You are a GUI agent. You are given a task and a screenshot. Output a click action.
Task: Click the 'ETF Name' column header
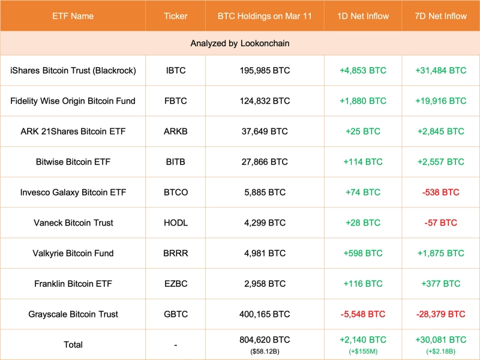(73, 16)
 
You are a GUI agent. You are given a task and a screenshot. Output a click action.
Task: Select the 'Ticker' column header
(176, 16)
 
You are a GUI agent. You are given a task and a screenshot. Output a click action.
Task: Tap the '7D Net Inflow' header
(440, 16)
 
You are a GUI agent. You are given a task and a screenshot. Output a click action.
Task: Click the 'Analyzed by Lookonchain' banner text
(240, 44)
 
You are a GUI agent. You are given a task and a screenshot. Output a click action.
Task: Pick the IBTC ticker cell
(176, 70)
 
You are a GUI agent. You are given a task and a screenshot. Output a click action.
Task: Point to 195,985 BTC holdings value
(265, 70)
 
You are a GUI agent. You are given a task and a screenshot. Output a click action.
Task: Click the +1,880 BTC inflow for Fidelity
(363, 101)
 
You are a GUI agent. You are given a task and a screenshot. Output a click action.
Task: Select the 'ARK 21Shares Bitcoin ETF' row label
(73, 131)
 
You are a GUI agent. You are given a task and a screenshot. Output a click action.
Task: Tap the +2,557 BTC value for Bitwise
(440, 162)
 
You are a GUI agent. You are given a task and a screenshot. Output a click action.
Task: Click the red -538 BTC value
(440, 193)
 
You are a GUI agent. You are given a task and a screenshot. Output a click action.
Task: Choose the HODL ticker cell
(176, 223)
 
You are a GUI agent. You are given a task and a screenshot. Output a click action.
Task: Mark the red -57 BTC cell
(440, 223)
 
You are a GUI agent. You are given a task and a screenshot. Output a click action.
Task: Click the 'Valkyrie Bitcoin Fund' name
(73, 253)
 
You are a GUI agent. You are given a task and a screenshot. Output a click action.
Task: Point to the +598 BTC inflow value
(363, 253)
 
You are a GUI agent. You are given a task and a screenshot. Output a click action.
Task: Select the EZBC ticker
(176, 284)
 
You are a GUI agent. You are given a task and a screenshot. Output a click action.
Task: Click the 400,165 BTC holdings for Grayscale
(265, 314)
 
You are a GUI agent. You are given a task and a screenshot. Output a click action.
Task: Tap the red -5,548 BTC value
(363, 314)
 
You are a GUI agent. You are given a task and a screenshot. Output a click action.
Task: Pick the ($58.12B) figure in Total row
(265, 350)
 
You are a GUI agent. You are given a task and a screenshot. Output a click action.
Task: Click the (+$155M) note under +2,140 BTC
(363, 350)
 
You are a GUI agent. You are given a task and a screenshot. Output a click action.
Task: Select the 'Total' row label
(73, 345)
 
